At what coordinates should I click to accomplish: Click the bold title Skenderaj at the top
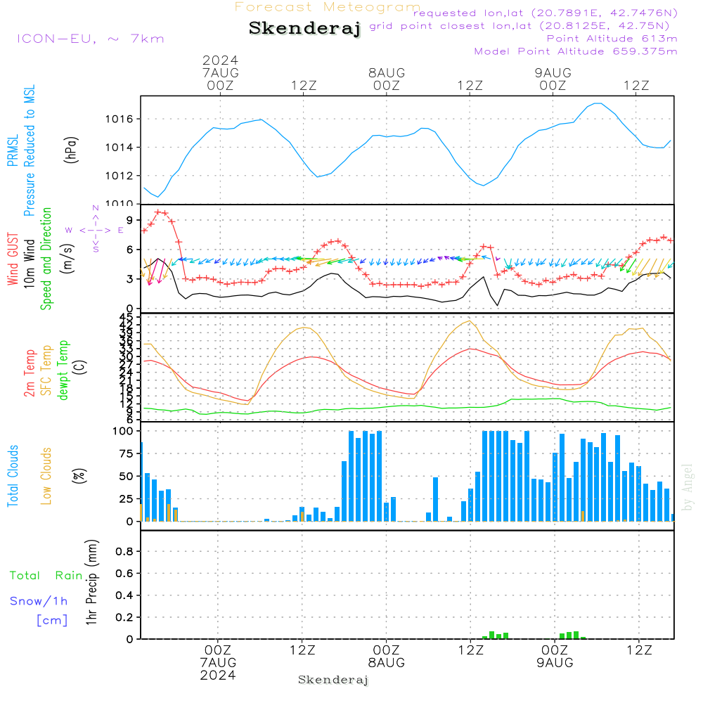coord(304,28)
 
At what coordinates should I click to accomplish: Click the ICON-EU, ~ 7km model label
coord(89,39)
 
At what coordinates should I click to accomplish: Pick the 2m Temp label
coord(30,373)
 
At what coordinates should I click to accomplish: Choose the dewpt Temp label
coord(63,370)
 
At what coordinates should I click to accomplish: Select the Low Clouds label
coord(46,476)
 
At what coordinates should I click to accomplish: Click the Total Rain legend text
coord(46,575)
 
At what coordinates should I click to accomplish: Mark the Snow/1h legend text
coord(39,601)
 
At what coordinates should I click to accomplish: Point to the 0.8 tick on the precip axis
coord(124,552)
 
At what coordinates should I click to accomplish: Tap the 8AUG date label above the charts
coord(387,72)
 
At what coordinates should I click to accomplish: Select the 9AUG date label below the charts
coord(555,663)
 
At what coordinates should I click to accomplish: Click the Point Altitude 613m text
coord(612,38)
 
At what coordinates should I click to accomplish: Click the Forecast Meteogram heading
coord(328,7)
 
